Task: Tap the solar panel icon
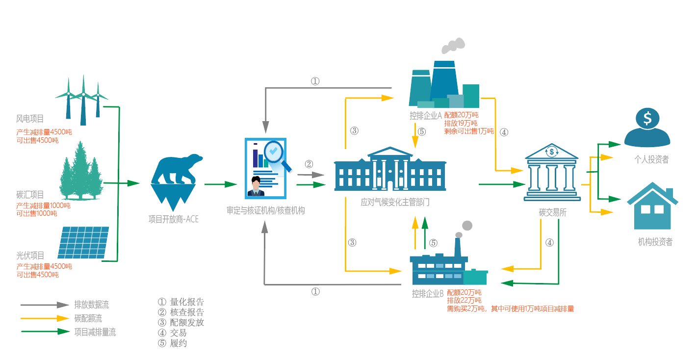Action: tap(83, 243)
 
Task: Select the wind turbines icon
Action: tap(82, 100)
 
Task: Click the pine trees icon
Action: tap(81, 171)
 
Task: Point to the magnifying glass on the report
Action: tap(277, 154)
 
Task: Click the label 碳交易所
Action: tap(553, 212)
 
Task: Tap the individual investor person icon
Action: tap(647, 128)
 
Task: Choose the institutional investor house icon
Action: tap(652, 206)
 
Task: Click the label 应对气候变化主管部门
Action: tap(395, 202)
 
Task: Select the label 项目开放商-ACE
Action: tap(173, 219)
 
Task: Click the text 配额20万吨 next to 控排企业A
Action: tap(461, 115)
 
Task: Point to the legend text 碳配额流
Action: tap(88, 318)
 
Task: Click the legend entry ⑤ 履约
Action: tap(172, 343)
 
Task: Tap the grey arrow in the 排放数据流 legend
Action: tap(45, 305)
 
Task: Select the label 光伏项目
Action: tap(30, 256)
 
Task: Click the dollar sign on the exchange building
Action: tap(552, 152)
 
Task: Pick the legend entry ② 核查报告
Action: tap(181, 312)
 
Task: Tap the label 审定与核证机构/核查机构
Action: tap(265, 210)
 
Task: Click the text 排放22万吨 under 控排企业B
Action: tap(464, 301)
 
